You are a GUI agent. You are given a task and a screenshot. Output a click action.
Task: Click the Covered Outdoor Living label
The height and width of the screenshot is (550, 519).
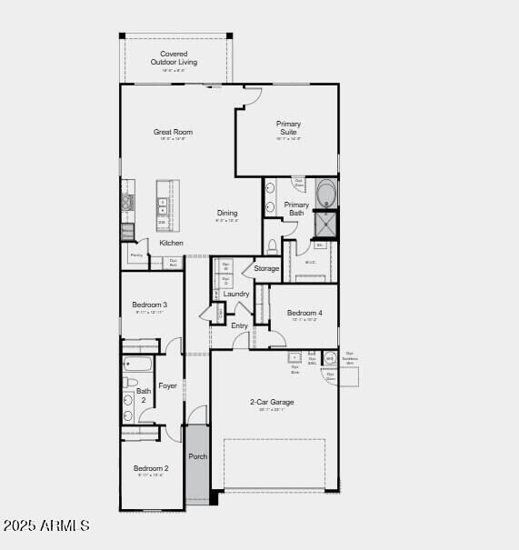(175, 57)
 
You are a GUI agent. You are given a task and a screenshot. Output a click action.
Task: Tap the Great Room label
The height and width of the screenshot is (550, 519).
(173, 133)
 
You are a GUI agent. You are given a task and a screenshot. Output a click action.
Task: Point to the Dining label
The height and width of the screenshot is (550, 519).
(227, 214)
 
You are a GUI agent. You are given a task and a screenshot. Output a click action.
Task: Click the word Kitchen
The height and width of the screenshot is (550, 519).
(171, 243)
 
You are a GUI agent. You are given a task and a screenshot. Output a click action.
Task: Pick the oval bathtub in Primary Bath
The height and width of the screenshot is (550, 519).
(325, 195)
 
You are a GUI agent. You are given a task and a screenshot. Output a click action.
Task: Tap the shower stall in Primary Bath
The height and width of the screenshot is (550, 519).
(325, 224)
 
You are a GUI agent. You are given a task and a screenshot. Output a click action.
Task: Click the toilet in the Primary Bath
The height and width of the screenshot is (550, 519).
(272, 246)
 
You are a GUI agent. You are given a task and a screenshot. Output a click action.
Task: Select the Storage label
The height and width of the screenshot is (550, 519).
(266, 268)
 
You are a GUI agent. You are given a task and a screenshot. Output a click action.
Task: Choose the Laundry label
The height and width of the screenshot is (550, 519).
(236, 294)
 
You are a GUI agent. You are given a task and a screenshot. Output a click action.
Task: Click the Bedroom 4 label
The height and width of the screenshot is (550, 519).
(304, 313)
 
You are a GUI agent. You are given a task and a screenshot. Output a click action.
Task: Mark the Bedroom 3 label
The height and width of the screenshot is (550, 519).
(149, 305)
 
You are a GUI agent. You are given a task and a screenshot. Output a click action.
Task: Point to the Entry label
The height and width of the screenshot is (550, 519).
(239, 325)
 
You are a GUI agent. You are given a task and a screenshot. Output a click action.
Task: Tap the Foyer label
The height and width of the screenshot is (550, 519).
(168, 385)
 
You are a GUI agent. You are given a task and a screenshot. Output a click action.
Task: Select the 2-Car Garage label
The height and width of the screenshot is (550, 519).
(272, 402)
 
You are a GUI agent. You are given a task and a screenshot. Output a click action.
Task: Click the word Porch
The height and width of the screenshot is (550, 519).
(198, 456)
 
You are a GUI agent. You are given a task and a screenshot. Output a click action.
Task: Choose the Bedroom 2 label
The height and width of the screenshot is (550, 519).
(151, 468)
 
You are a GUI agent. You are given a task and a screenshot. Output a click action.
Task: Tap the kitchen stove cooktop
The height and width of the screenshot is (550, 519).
(127, 202)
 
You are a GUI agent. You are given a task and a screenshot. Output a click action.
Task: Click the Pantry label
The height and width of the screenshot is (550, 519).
(136, 255)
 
